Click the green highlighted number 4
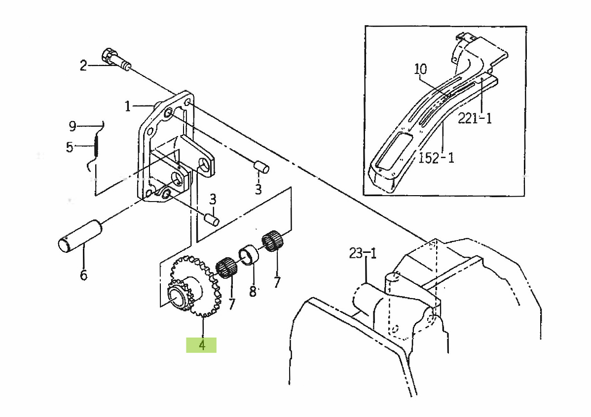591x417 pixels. point(202,345)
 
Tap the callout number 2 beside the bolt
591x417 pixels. point(83,66)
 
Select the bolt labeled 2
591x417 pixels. point(116,60)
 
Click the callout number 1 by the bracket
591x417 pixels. point(128,106)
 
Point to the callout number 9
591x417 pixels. point(73,126)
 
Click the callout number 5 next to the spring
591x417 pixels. point(70,147)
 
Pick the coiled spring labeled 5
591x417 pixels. point(96,146)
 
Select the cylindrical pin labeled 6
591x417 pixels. point(80,236)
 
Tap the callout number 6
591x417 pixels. point(83,275)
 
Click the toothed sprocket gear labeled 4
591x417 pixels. point(193,286)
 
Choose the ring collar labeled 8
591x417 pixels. point(248,255)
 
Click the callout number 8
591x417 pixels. point(253,291)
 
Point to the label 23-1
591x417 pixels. point(363,253)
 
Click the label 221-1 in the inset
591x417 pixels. point(475,118)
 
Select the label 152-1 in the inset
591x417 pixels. point(436,157)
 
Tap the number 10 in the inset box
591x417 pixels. point(421,69)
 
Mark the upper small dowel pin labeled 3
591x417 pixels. point(261,167)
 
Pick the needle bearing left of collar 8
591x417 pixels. point(226,268)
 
